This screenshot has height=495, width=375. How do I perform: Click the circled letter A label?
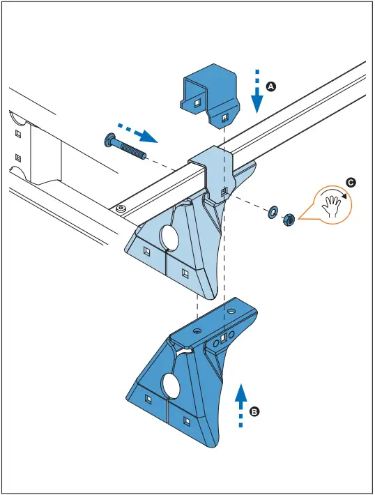272,86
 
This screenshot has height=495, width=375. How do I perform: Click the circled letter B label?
255,412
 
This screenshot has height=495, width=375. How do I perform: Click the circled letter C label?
351,183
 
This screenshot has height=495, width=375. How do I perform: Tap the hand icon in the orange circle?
333,204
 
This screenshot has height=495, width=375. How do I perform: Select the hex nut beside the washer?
286,220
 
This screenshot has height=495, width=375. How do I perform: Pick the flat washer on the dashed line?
271,211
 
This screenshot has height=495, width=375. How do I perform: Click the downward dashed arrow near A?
257,92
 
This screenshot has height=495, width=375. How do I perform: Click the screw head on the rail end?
121,208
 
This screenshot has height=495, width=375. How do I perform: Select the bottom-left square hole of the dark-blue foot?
148,398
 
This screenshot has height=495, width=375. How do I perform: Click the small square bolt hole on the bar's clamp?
223,191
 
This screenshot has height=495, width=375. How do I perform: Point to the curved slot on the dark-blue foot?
183,352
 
